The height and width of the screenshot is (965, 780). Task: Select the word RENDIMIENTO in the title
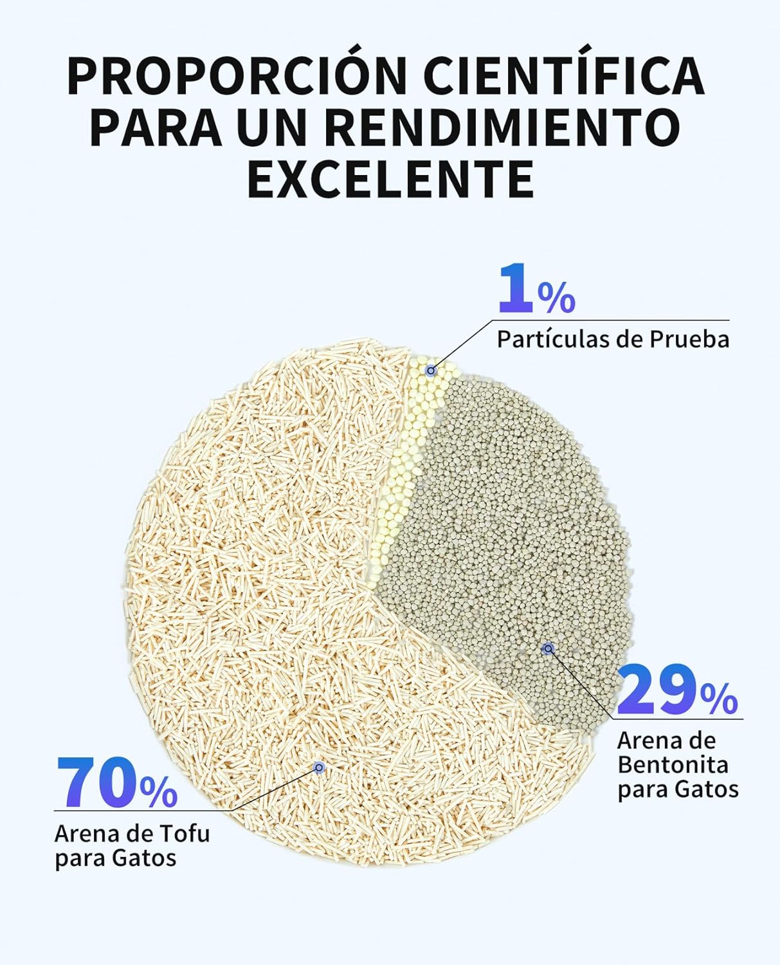(502, 127)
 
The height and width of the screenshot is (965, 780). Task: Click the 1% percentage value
(536, 291)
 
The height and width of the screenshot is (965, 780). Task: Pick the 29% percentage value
(676, 691)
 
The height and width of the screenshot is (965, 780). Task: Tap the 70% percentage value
(116, 783)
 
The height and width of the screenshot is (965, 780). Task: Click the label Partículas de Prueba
(613, 339)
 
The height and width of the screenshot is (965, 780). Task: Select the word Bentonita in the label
(673, 765)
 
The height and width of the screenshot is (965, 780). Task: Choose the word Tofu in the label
(185, 834)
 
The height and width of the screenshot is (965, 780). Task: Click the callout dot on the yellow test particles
(431, 371)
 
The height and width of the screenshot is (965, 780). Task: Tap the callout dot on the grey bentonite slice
(548, 648)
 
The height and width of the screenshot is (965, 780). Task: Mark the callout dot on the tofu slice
(318, 767)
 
